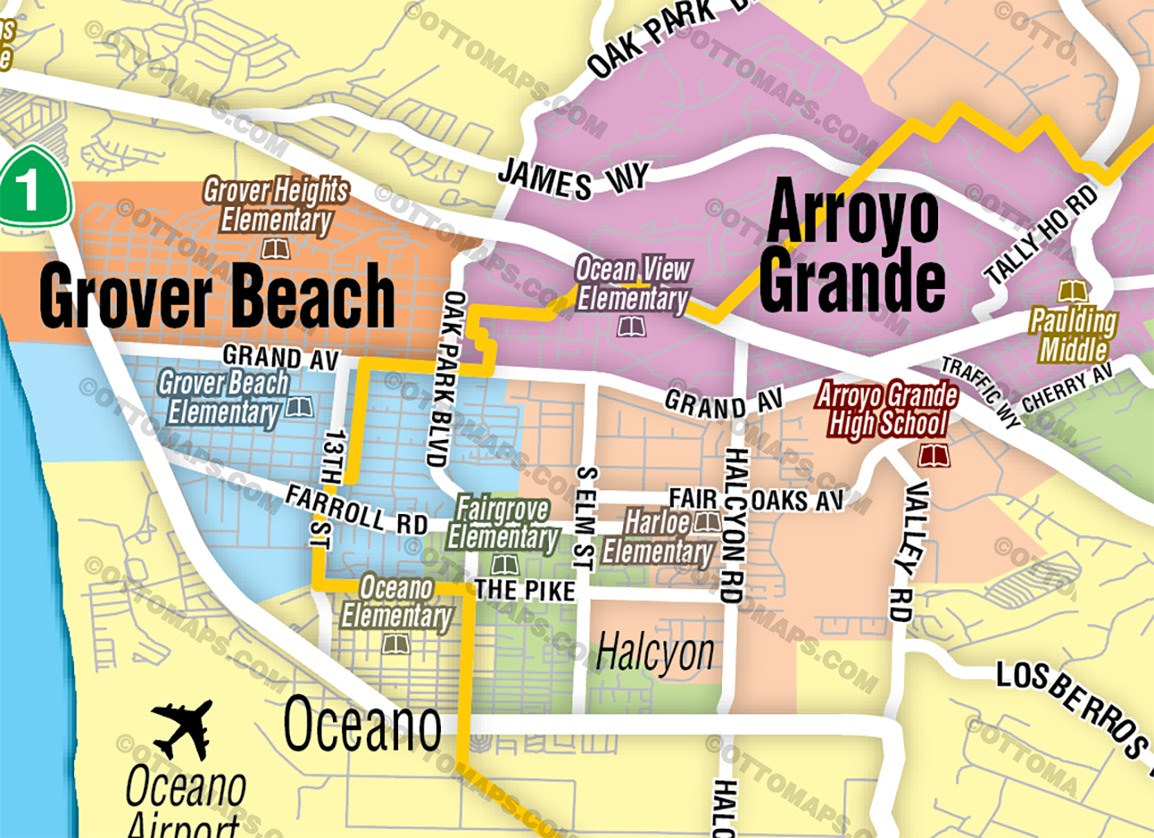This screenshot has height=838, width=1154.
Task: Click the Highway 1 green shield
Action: (33, 188)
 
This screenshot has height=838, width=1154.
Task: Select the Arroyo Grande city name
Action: (852, 247)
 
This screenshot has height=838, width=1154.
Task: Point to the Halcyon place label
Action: (655, 653)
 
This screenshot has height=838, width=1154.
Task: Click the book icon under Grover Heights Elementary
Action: (275, 248)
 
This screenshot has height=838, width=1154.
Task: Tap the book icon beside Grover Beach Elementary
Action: (299, 407)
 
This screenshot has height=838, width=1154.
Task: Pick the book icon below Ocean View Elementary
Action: (631, 327)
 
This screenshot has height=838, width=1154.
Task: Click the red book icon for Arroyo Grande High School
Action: (933, 455)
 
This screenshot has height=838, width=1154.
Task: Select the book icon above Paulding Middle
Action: (1072, 292)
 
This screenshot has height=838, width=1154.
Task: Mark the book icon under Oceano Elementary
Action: (396, 644)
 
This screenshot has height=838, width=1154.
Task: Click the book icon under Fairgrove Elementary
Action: (504, 565)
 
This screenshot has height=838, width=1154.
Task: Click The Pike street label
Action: (525, 591)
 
